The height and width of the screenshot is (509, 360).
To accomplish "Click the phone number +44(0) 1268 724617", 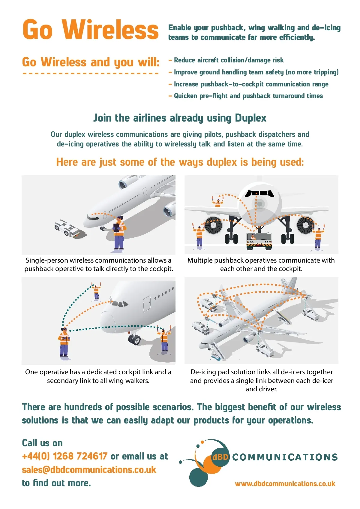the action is click(64, 456).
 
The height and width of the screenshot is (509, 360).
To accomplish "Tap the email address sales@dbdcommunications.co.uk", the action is click(89, 470).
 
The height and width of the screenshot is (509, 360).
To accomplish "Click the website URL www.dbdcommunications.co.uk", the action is click(285, 483).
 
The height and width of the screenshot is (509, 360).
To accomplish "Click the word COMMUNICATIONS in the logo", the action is click(285, 457).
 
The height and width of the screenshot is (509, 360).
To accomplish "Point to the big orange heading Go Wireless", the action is click(90, 29).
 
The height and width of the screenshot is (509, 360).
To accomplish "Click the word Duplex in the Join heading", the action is click(250, 118).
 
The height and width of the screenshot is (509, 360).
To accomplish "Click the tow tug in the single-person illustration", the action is click(67, 228).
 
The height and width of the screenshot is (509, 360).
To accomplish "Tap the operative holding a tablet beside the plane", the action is click(119, 234).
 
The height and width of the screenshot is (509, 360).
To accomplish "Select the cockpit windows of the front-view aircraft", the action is click(259, 193).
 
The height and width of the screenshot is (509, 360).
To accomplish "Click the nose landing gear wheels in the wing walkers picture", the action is click(134, 339).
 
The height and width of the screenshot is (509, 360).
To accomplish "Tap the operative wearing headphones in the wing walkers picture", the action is click(64, 342).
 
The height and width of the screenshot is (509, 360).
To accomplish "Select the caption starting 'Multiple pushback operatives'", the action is click(261, 264).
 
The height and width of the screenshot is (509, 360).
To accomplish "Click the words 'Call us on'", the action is click(42, 443).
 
